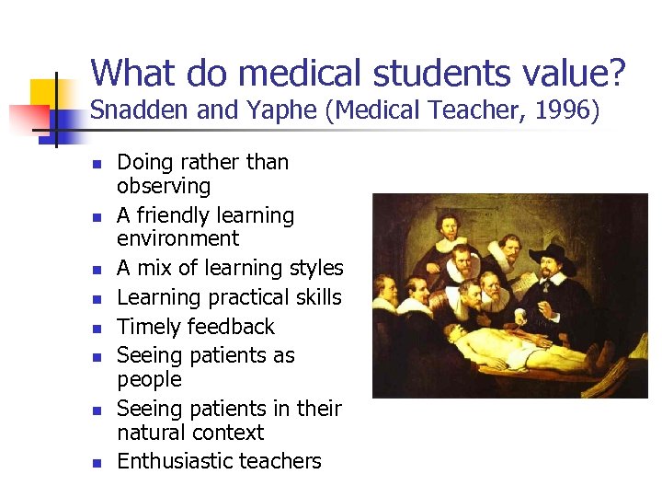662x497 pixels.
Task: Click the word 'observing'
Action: click(x=164, y=186)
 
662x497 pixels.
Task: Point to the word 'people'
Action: click(x=149, y=379)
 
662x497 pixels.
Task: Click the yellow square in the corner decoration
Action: click(x=43, y=95)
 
